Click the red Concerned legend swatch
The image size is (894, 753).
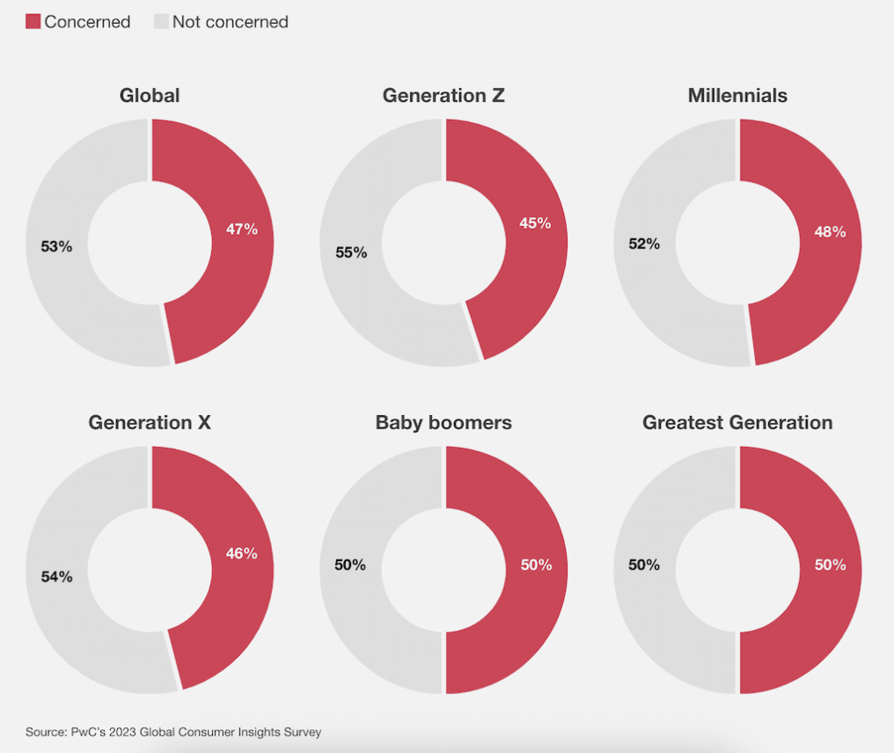pyautogui.click(x=33, y=21)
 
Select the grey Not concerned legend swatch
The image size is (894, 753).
pyautogui.click(x=161, y=21)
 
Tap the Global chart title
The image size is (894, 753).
pyautogui.click(x=150, y=95)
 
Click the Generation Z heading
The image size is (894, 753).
pyautogui.click(x=443, y=95)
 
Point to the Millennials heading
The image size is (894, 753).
pyautogui.click(x=737, y=95)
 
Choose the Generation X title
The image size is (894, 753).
pyautogui.click(x=150, y=422)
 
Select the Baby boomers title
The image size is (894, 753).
pyautogui.click(x=443, y=422)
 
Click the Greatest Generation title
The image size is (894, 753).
pyautogui.click(x=737, y=422)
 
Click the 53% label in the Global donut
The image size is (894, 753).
pyautogui.click(x=56, y=247)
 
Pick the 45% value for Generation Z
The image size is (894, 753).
pyautogui.click(x=535, y=223)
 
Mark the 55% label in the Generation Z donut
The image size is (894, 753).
pyautogui.click(x=351, y=252)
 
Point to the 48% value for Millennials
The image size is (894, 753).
pyautogui.click(x=830, y=232)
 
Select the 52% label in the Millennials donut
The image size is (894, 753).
pyautogui.click(x=644, y=244)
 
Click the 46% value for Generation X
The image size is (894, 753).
pyautogui.click(x=242, y=553)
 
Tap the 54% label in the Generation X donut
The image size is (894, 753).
pyautogui.click(x=57, y=577)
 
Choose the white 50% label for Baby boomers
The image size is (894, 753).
pyautogui.click(x=536, y=565)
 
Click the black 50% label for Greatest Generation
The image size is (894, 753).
pyautogui.click(x=644, y=565)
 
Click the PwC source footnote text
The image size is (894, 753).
pyautogui.click(x=173, y=732)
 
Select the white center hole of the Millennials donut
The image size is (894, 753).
pyautogui.click(x=737, y=243)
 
